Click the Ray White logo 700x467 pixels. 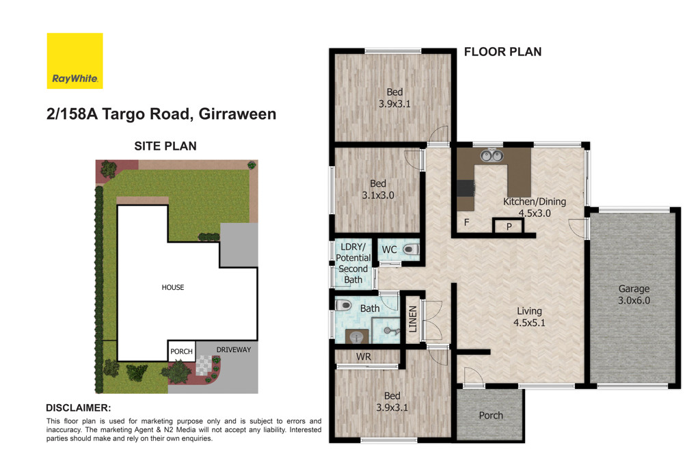75,61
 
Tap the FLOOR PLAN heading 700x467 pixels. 502,51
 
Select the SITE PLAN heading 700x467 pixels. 165,145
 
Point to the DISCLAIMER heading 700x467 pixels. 78,407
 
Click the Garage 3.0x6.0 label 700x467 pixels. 634,294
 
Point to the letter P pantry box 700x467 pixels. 509,227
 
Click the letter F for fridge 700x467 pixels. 467,223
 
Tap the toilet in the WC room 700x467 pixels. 410,250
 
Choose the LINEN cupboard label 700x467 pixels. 412,318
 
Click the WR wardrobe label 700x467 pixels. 363,356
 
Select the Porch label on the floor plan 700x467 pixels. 490,415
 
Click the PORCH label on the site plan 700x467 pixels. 181,352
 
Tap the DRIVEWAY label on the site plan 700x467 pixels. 234,349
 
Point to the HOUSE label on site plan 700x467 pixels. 173,287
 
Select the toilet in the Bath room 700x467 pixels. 344,306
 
